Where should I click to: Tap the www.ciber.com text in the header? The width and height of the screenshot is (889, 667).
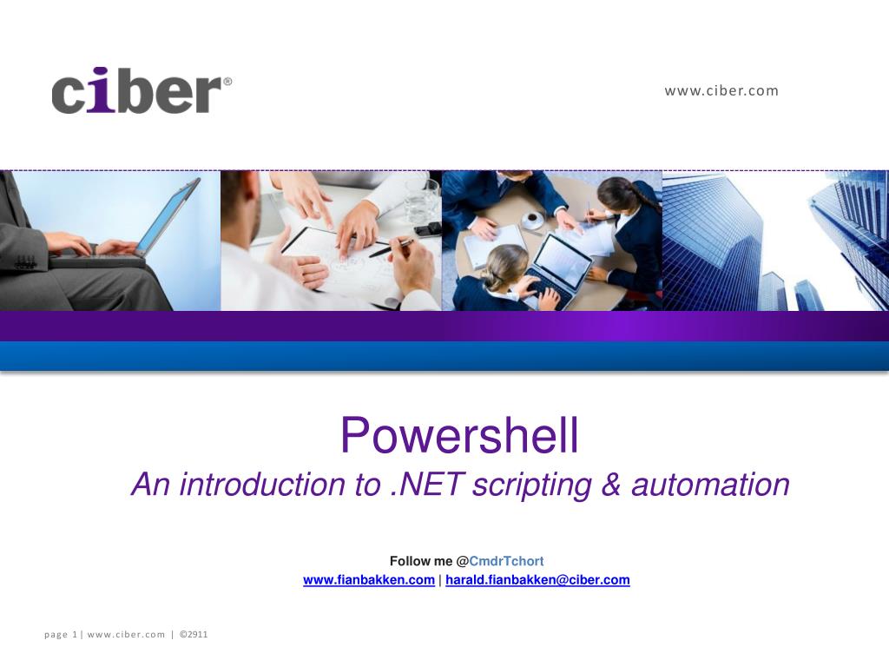click(721, 90)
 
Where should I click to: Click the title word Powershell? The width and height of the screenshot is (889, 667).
click(458, 436)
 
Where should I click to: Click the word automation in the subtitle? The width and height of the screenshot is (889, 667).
click(710, 485)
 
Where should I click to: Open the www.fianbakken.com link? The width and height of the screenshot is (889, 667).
click(368, 580)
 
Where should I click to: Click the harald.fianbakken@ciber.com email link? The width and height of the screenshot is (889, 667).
click(537, 580)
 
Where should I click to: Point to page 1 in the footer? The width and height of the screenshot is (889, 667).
click(61, 634)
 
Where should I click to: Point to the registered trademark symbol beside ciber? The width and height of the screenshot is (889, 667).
click(227, 82)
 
